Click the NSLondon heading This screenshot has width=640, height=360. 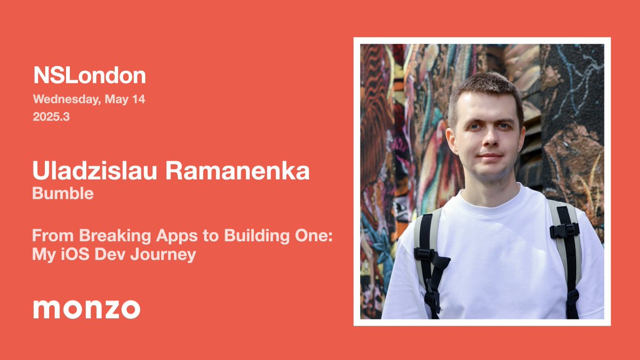89,76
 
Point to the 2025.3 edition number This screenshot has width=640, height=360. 51,117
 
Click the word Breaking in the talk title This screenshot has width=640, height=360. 99,236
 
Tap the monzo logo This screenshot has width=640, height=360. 87,309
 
